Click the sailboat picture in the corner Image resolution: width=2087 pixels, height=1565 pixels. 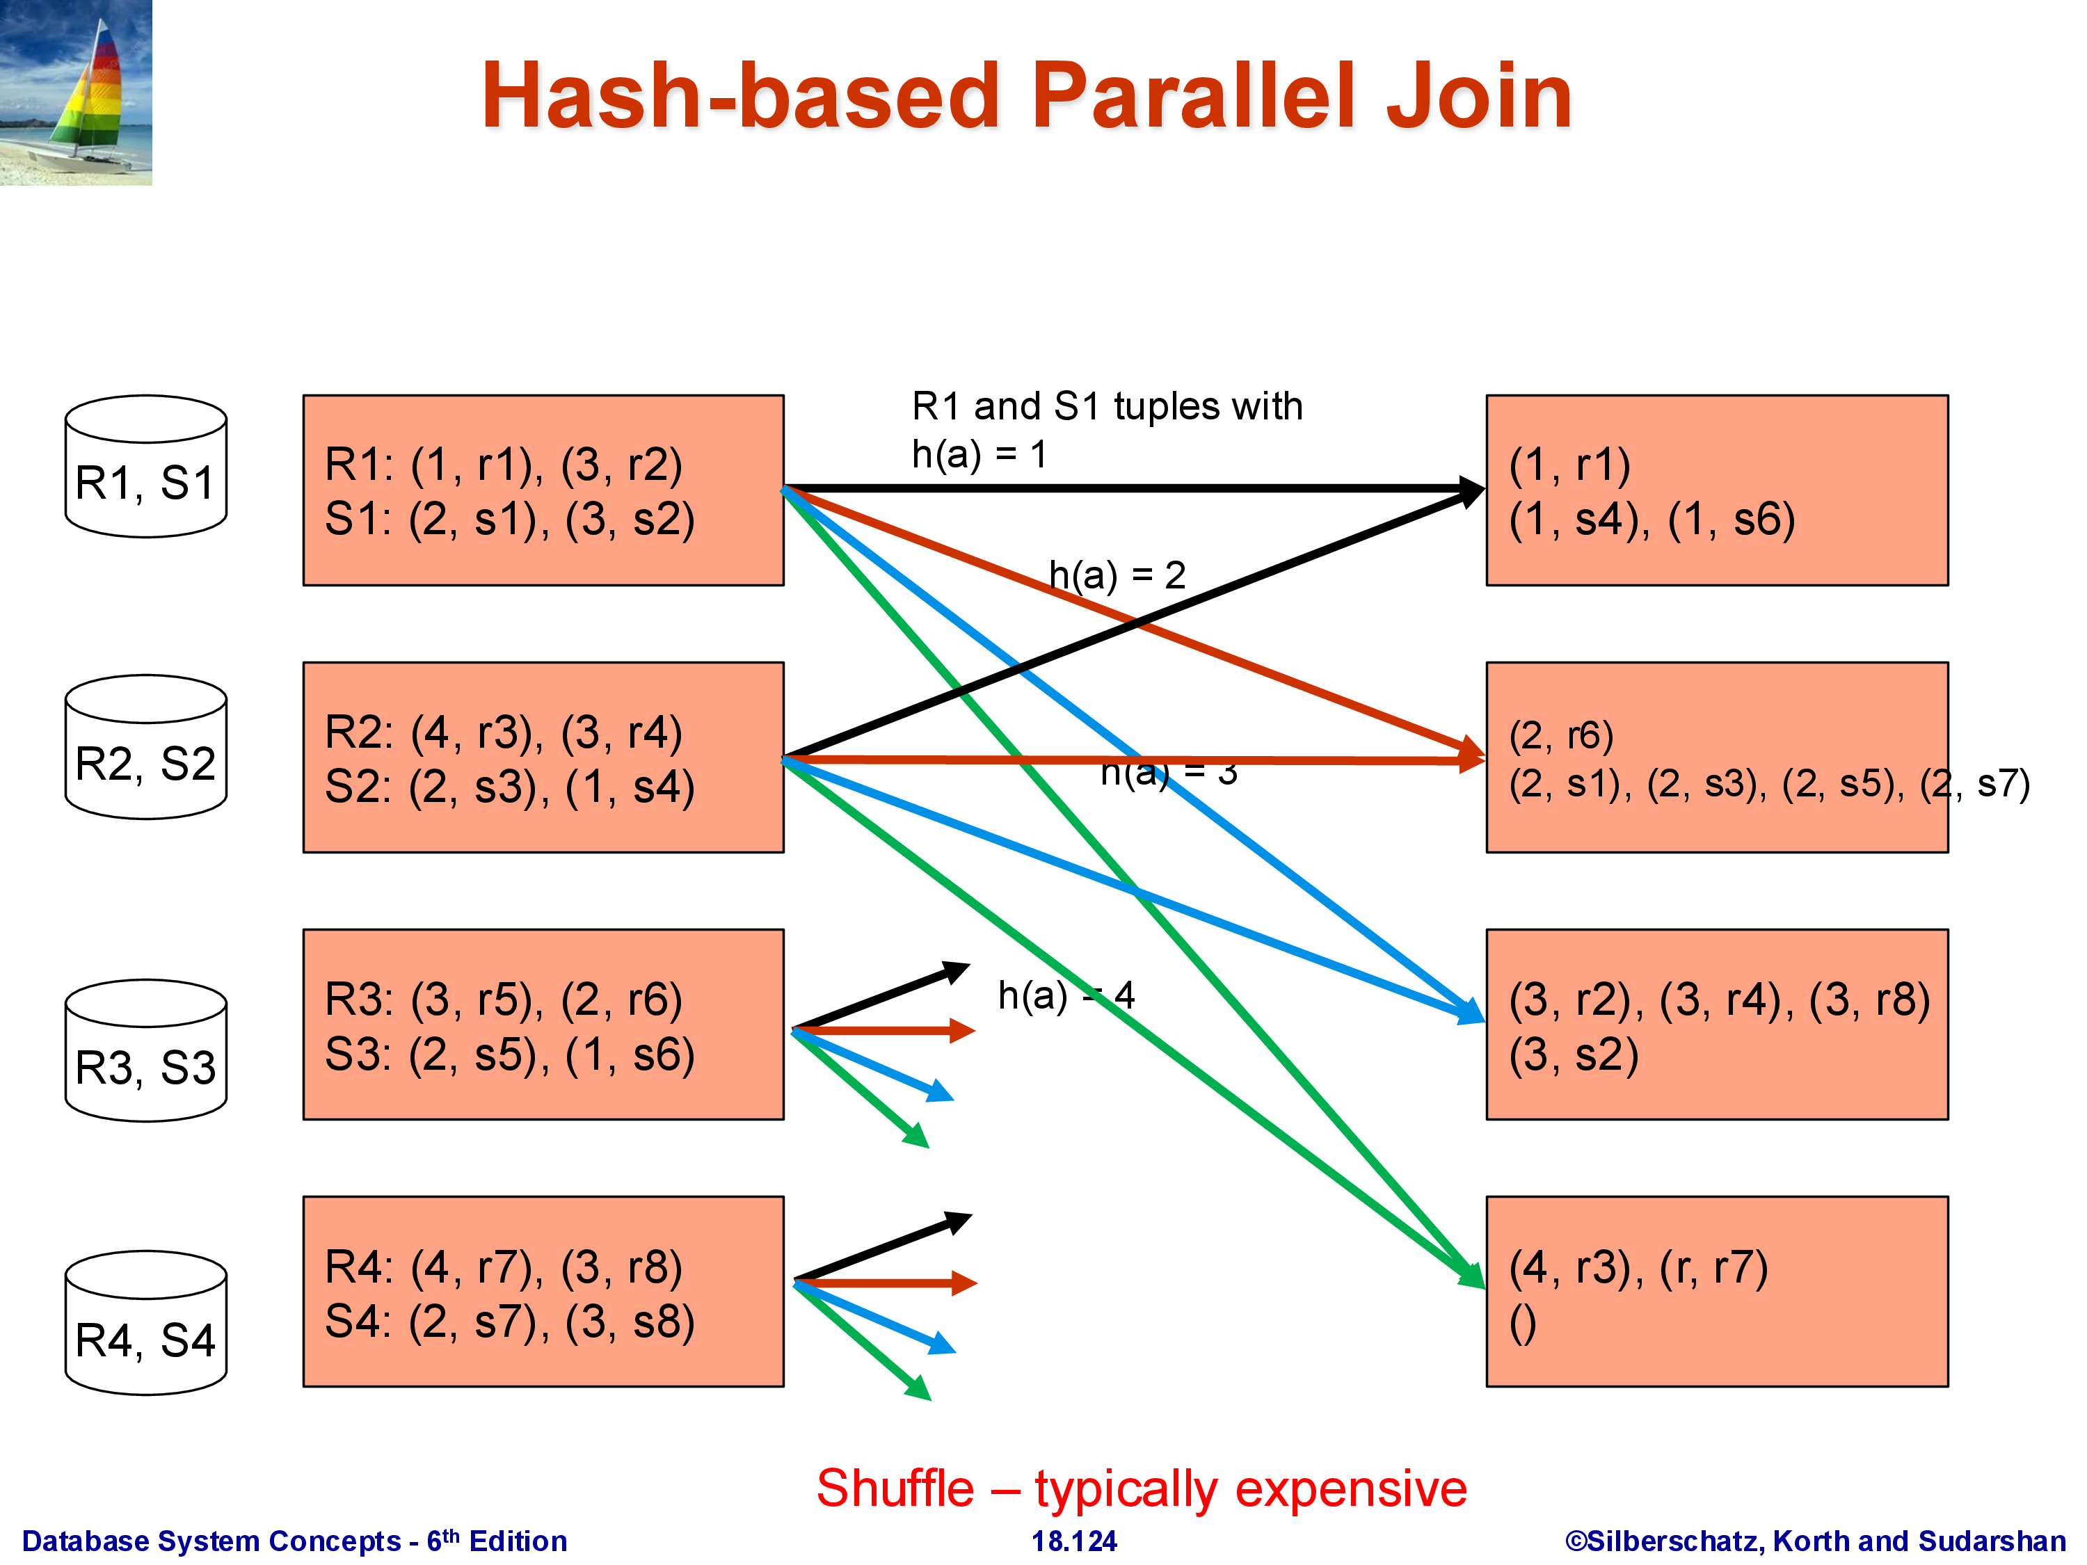[75, 92]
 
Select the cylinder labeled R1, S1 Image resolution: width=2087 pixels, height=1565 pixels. [145, 467]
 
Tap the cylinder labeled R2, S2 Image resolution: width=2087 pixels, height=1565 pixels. [145, 747]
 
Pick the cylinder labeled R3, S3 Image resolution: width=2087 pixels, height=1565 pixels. [145, 1051]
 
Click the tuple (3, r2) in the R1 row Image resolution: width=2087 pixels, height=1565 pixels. [621, 465]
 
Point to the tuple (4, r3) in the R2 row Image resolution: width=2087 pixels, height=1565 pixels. [477, 733]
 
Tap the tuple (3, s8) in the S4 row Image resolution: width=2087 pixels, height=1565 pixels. [630, 1322]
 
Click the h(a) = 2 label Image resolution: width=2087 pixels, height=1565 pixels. [1117, 575]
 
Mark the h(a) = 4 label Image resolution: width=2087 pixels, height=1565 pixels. [1066, 995]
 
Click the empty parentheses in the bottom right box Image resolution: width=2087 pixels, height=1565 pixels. [1523, 1322]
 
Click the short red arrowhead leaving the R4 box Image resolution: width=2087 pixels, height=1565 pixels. [963, 1283]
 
